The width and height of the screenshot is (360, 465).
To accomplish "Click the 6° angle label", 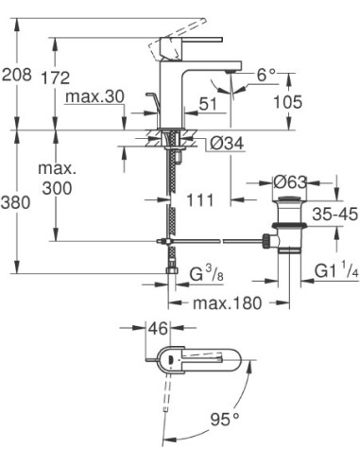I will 268,74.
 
